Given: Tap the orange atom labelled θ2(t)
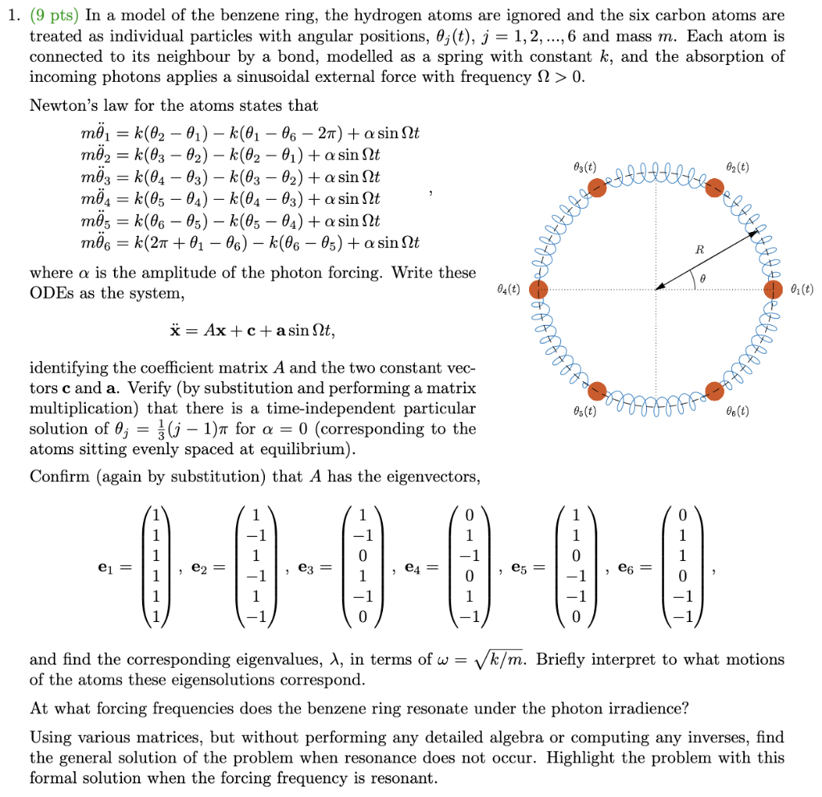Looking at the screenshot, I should click(x=714, y=188).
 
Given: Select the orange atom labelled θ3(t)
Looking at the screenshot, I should click(x=596, y=188).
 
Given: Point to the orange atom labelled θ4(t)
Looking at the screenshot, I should click(x=538, y=290).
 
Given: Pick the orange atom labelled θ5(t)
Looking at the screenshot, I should click(x=596, y=391).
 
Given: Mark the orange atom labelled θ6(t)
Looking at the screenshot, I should click(x=714, y=391).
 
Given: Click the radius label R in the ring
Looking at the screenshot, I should click(x=699, y=250).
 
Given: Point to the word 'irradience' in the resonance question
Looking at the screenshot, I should click(x=653, y=709).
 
